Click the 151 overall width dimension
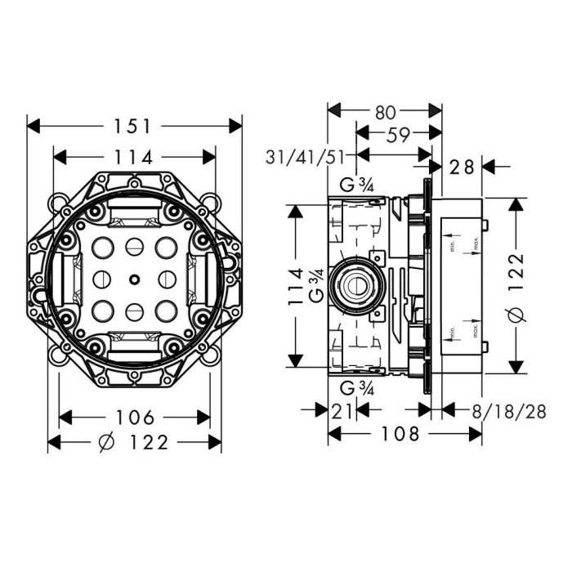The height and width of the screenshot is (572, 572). [134, 126]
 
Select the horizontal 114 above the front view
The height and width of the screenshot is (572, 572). [134, 158]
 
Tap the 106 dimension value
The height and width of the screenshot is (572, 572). [136, 418]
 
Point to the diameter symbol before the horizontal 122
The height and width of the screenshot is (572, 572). [105, 442]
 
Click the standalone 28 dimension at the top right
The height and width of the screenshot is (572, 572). [463, 167]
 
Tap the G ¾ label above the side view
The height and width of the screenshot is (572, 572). [356, 186]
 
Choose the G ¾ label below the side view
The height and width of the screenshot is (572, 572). [356, 387]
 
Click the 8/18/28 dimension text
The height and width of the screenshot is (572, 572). [513, 411]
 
